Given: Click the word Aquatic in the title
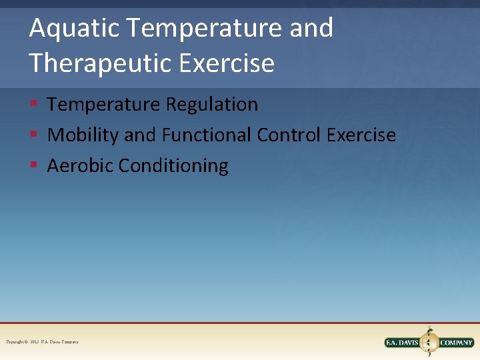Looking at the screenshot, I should click(x=74, y=29).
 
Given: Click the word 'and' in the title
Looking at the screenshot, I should click(x=312, y=29).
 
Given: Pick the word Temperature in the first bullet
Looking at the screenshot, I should click(x=104, y=105).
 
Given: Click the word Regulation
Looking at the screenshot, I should click(x=212, y=105).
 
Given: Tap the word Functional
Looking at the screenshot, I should click(x=205, y=135).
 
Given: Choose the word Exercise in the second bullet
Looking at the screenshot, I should click(x=361, y=135).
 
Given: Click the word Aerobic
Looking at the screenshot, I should click(x=80, y=166).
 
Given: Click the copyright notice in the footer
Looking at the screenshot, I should click(x=42, y=342).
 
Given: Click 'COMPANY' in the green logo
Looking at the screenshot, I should click(x=457, y=343).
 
